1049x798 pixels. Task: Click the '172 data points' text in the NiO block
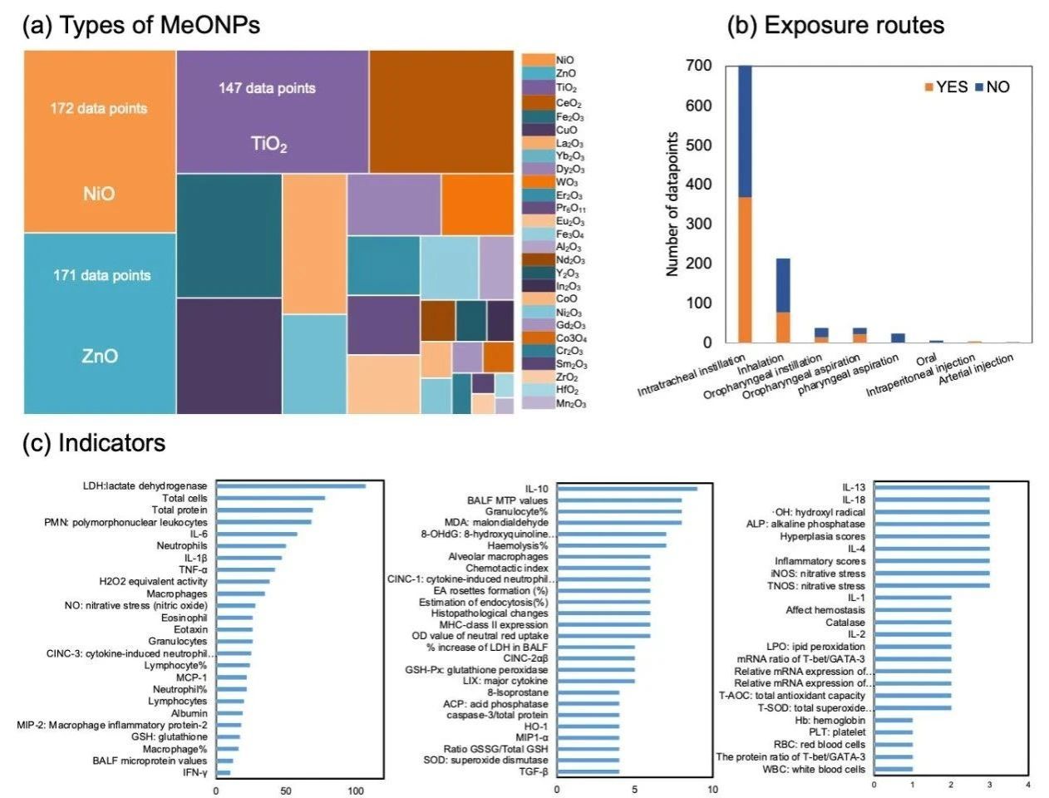(99, 108)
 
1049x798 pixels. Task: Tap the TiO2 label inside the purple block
(269, 145)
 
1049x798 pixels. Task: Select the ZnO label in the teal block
(100, 357)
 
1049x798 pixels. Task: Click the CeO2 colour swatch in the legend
(538, 103)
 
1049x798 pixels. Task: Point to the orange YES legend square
(929, 87)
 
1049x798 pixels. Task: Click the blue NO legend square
(978, 87)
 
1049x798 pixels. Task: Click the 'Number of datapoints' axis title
(672, 204)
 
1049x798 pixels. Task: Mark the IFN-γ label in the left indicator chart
(195, 773)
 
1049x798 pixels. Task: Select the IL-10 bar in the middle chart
(627, 489)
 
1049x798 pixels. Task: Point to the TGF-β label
(533, 771)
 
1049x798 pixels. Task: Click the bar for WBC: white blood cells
(893, 769)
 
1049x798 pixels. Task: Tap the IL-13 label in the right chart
(854, 487)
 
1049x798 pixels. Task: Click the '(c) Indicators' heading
(94, 443)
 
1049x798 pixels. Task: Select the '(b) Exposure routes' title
(835, 26)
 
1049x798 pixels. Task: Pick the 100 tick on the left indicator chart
(356, 791)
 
